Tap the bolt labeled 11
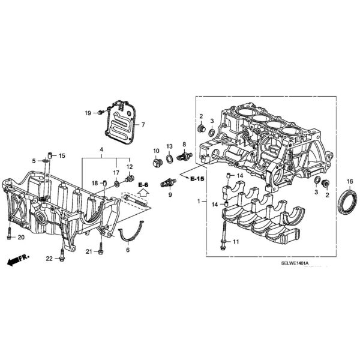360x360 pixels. point(224,235)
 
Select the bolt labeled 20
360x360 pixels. point(9,233)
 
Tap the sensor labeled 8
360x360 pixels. point(184,157)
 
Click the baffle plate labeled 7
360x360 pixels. point(120,121)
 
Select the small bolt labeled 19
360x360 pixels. point(101,113)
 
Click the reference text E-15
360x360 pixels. point(197,179)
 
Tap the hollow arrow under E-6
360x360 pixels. point(143,192)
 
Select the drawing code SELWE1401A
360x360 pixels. point(295,263)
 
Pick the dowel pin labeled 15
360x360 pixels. point(50,155)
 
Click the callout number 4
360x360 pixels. point(101,149)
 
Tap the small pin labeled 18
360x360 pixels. point(104,183)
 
